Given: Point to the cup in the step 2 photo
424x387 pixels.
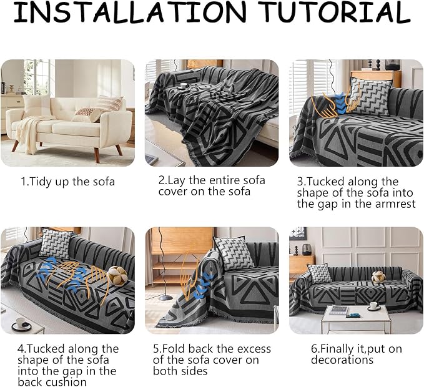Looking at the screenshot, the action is [184, 86].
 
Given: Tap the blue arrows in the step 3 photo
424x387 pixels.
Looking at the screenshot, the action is [340, 104].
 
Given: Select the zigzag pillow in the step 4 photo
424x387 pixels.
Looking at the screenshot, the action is [56, 243].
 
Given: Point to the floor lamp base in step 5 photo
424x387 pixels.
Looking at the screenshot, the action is [165, 298].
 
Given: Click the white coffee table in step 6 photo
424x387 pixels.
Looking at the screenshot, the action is [355, 318].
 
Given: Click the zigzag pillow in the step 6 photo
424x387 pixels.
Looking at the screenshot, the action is [320, 273].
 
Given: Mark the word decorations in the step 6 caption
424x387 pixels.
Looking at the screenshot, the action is [342, 360].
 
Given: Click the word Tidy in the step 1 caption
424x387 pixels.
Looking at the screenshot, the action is [41, 182].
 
